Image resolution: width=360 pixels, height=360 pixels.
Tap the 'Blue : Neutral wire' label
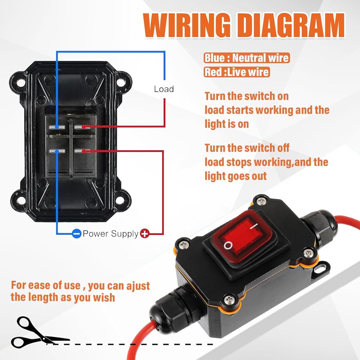click(x=247, y=58)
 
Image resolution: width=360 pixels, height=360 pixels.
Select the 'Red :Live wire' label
click(x=237, y=72)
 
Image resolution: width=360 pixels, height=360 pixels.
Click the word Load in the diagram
click(x=164, y=89)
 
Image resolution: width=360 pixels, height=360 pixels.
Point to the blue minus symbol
click(x=76, y=234)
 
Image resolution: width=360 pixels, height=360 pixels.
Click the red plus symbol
click(x=145, y=234)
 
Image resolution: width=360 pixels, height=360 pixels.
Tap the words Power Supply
click(x=111, y=234)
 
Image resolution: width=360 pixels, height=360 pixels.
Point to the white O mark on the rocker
click(x=228, y=246)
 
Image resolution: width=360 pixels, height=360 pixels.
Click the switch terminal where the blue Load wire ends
click(x=57, y=127)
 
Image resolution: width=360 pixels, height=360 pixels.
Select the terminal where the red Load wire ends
click(x=81, y=127)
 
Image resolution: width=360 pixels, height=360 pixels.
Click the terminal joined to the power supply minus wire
click(x=57, y=151)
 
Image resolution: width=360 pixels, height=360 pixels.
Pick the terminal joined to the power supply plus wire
click(x=82, y=151)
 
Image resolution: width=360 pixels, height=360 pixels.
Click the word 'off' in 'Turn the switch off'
click(x=283, y=148)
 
